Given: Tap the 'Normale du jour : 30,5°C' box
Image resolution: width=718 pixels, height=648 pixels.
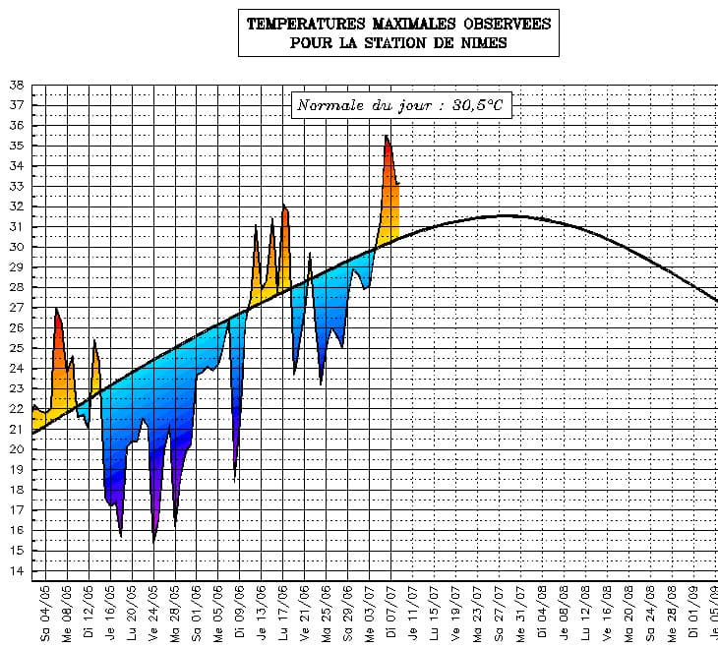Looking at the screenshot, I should tap(402, 105).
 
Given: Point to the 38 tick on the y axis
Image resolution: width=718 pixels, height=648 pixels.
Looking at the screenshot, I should tap(16, 86).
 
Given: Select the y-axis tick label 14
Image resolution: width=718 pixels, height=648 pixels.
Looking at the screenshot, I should tap(16, 571).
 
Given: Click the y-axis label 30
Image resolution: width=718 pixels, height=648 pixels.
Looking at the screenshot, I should tap(16, 247).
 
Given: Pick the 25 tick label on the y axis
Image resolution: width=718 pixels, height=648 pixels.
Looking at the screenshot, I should tap(16, 348).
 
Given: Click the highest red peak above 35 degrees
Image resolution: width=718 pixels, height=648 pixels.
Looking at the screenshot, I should tap(387, 137).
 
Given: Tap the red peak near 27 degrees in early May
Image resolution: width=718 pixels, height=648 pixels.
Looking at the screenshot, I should tap(56, 311).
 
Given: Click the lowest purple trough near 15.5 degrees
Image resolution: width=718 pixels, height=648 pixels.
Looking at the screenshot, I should tap(154, 539).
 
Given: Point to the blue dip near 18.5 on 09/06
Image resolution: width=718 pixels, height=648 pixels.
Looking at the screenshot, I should tap(234, 478).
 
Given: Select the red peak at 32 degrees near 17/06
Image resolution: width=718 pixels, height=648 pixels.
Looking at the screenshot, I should tap(284, 206).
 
